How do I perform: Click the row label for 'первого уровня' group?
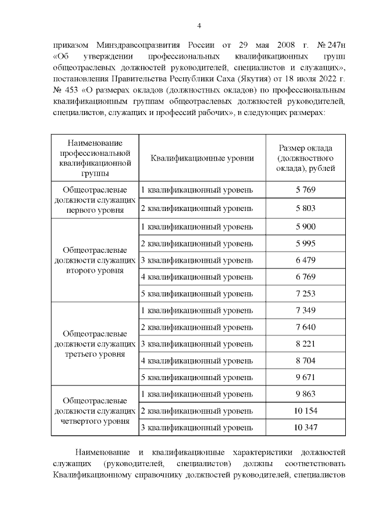click(x=95, y=199)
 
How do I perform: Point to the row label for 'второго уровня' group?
click(x=95, y=259)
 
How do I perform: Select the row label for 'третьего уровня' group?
click(x=95, y=344)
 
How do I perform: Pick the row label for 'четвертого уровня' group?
click(x=95, y=411)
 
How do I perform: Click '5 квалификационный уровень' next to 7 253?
click(x=198, y=294)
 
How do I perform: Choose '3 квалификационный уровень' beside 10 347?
click(x=198, y=428)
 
